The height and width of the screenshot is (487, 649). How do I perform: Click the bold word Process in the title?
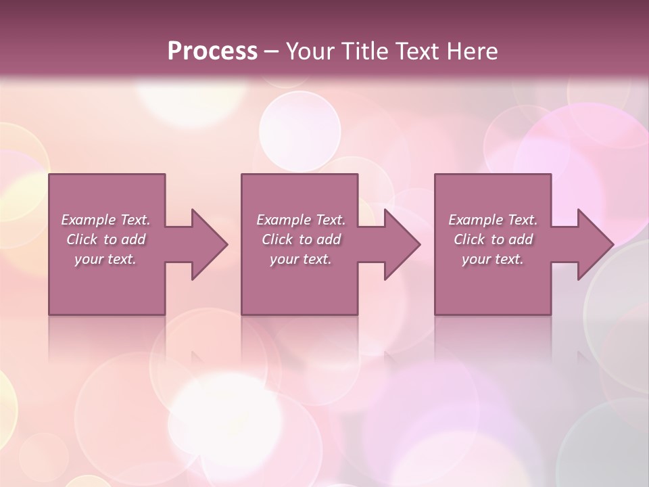pos(212,51)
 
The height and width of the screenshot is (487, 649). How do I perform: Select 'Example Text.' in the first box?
pos(105,220)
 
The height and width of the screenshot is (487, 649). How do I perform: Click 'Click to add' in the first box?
pos(105,239)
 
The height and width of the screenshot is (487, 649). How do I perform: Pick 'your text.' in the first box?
pos(105,259)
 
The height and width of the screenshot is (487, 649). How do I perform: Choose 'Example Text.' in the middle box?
pos(300,220)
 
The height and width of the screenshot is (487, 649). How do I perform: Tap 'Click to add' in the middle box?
pos(300,239)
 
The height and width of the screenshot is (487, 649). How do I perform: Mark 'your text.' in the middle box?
pos(300,259)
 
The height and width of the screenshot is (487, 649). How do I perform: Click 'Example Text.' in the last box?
pos(493,220)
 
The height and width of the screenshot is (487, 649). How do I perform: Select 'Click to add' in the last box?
pos(493,239)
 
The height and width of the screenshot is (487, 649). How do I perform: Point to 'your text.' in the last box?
pos(493,259)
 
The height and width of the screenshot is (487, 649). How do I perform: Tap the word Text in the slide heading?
pos(414,51)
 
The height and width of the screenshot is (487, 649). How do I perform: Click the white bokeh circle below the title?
pos(299,132)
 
